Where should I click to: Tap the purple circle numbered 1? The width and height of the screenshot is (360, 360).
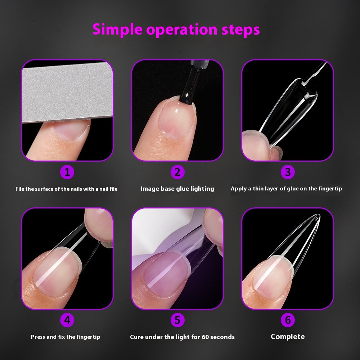pyautogui.click(x=67, y=172)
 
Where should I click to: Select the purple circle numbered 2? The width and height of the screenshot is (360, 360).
pyautogui.click(x=177, y=172)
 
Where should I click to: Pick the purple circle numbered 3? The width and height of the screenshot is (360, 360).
pyautogui.click(x=288, y=172)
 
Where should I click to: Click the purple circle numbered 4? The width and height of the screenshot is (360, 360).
pyautogui.click(x=67, y=320)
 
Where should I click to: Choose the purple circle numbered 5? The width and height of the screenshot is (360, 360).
pyautogui.click(x=177, y=320)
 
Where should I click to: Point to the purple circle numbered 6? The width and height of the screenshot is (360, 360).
pyautogui.click(x=288, y=320)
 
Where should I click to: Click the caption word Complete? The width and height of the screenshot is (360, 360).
pyautogui.click(x=288, y=337)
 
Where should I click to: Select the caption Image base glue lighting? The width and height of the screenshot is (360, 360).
pyautogui.click(x=177, y=189)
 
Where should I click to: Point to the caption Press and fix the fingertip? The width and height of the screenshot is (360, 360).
pyautogui.click(x=66, y=337)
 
